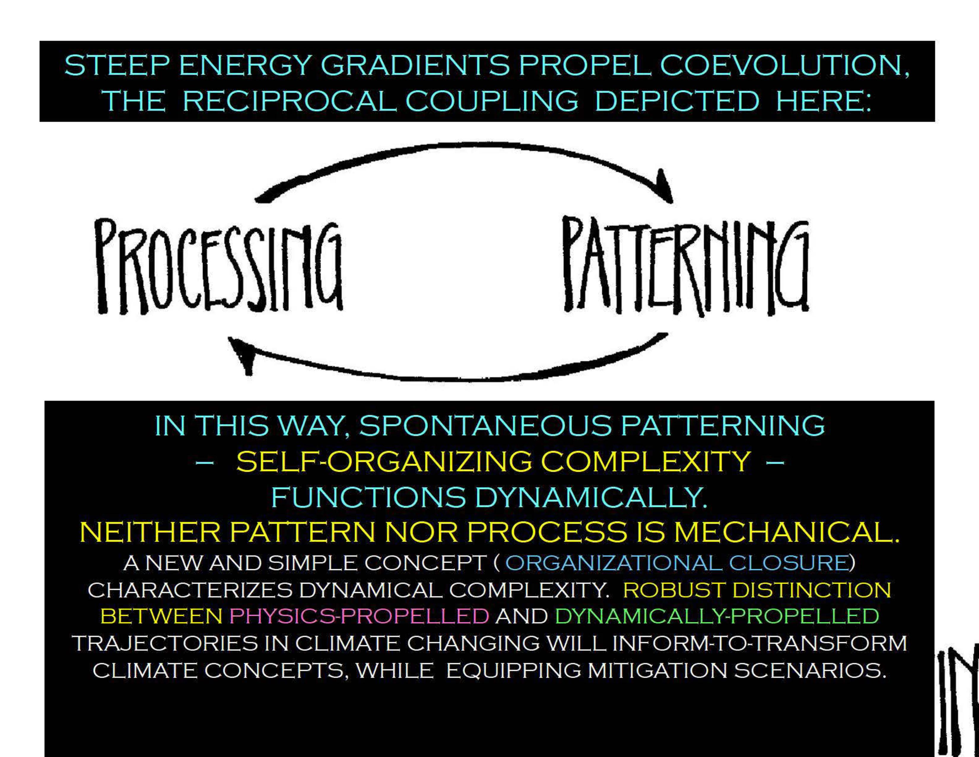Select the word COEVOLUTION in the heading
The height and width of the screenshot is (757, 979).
click(x=784, y=66)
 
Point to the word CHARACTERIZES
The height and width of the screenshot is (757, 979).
click(x=190, y=590)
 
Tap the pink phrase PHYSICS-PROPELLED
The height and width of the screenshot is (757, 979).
click(x=359, y=616)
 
